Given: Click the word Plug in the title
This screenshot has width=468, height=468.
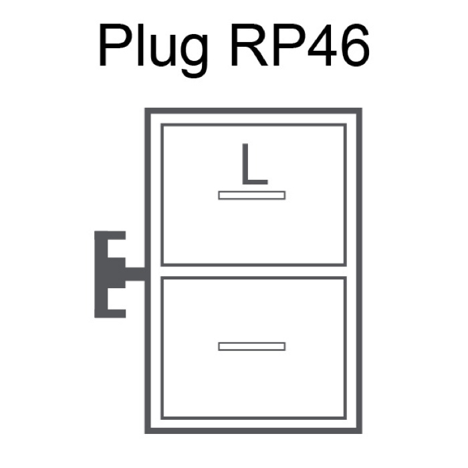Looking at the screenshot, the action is (153, 49).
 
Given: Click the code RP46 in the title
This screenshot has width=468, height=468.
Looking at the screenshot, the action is (300, 45).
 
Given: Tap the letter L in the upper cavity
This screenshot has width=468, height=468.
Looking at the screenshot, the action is (255, 164).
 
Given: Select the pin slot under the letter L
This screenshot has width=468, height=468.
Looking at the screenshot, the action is (252, 195).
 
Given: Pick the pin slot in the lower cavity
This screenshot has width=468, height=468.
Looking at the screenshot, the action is (252, 346).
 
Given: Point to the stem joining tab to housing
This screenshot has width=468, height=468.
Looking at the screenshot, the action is (135, 274).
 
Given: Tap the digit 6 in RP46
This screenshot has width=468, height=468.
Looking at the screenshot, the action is (355, 45).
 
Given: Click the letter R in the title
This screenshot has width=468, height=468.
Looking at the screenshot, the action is (249, 45).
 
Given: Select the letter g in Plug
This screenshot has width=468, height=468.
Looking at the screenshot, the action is (194, 55).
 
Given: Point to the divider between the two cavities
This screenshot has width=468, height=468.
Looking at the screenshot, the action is (253, 271).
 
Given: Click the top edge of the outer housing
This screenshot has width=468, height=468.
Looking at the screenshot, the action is (253, 111).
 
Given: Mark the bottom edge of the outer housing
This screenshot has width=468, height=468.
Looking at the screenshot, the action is (253, 431).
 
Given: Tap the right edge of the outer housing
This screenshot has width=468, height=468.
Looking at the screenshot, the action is (359, 271).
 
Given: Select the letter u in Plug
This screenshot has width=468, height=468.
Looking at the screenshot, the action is (162, 50).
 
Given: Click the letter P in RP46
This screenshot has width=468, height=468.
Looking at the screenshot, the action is (287, 45).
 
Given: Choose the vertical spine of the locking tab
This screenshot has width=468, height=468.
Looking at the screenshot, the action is (101, 274).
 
